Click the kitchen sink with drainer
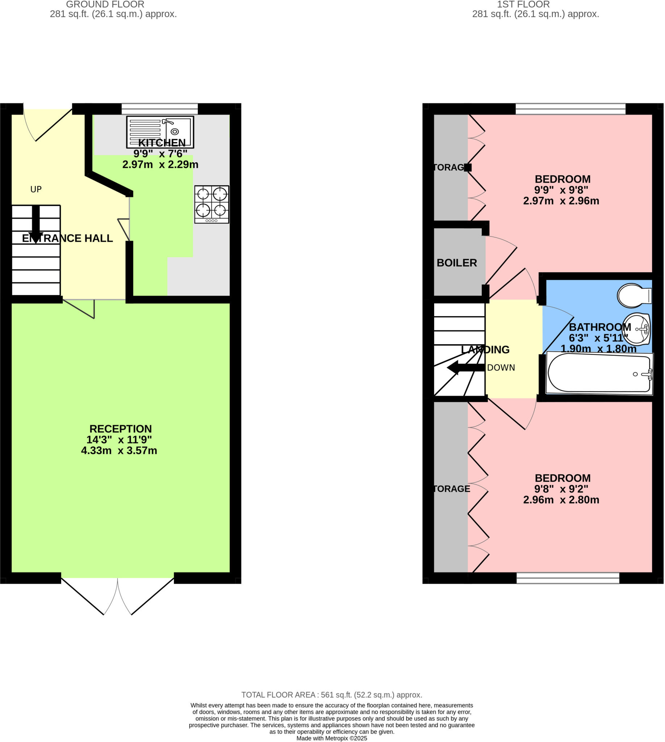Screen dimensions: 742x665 point(160,132)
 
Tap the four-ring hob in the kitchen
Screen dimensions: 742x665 point(212,204)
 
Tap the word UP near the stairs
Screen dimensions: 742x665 point(36,189)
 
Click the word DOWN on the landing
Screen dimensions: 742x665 point(500,367)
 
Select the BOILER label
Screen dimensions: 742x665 point(456,263)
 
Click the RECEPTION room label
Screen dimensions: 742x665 point(120,429)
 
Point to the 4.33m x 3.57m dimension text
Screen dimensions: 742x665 point(119,450)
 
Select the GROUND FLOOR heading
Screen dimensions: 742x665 point(105,4)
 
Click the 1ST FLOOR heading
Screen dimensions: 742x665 point(523,4)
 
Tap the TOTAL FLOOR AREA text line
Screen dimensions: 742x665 point(331,695)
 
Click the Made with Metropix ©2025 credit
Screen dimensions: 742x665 point(331,738)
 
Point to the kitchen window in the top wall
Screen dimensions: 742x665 point(159,109)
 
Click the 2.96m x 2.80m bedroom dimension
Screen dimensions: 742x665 point(561,500)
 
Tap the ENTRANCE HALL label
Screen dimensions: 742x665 point(67,238)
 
